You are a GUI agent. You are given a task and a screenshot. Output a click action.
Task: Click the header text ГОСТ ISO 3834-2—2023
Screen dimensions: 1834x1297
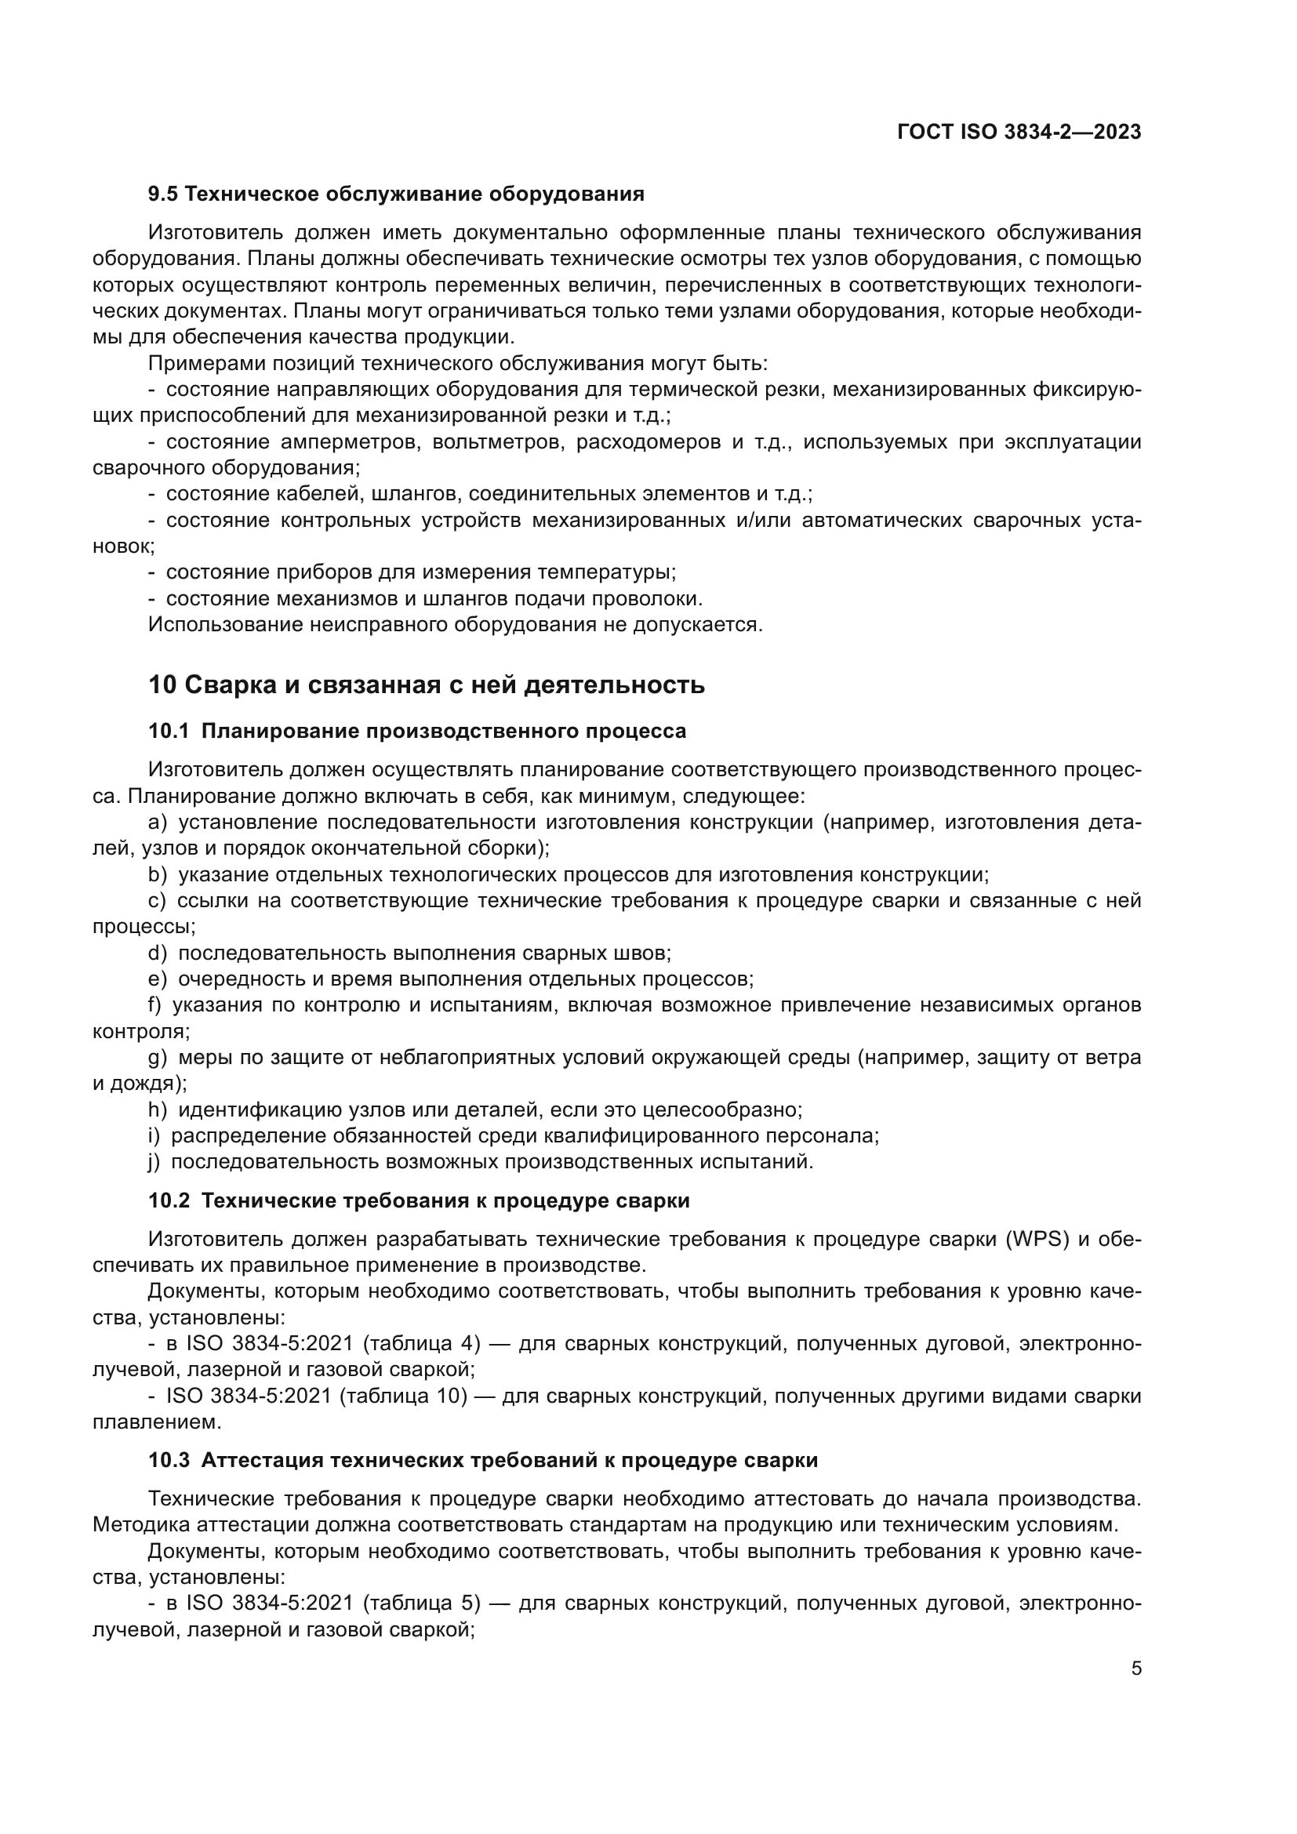(1019, 133)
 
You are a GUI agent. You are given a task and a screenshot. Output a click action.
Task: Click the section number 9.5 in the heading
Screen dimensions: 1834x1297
(163, 194)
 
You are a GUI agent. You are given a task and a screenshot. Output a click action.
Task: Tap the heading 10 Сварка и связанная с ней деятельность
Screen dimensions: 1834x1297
(427, 685)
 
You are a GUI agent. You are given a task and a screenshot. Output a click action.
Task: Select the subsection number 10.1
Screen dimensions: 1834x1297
(169, 731)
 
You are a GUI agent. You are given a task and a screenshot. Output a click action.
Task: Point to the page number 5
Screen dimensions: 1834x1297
(1136, 1668)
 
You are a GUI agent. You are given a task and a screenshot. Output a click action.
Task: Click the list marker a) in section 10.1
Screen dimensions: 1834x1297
(158, 822)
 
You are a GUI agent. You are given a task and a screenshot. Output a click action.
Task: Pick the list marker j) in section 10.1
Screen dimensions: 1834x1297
(154, 1160)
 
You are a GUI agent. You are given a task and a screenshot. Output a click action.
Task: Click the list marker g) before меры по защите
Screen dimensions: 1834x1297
(158, 1057)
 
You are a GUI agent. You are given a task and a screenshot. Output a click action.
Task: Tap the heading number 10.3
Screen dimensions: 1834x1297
(169, 1460)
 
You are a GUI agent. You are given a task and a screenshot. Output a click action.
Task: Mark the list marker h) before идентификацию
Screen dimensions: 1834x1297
(158, 1109)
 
